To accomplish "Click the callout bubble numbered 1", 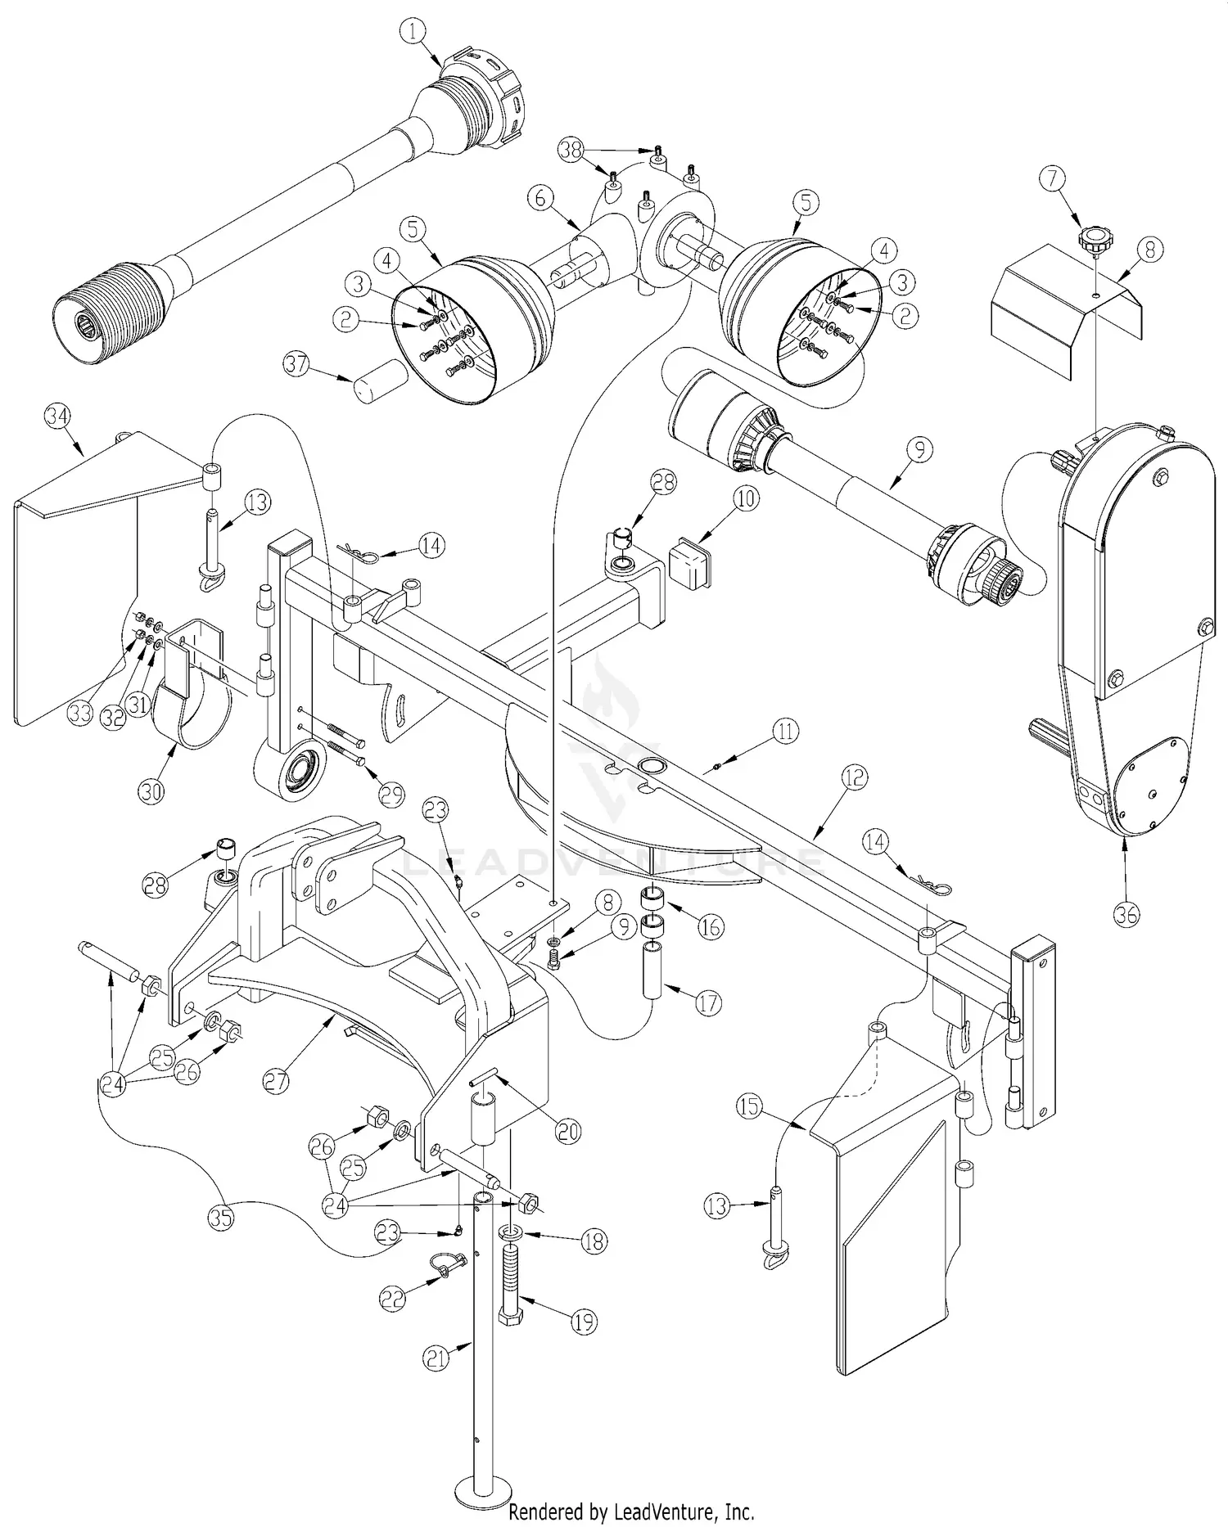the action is point(413,32).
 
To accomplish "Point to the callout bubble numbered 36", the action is point(1126,914).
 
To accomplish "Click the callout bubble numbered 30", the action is point(153,791).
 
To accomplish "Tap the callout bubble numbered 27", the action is point(277,1080).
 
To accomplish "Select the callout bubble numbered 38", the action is point(571,150).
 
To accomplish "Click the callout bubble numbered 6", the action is point(546,198).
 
